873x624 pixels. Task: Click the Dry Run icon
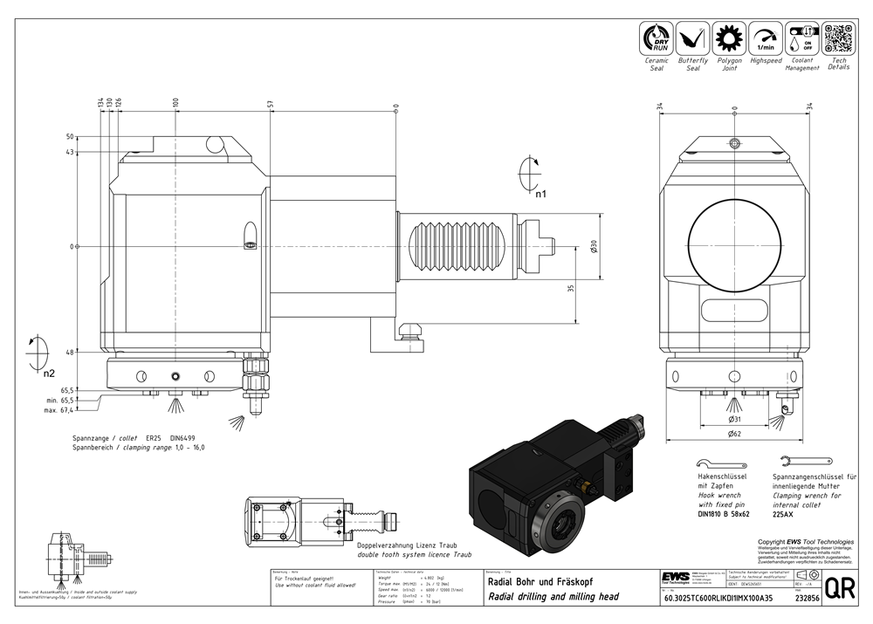point(656,39)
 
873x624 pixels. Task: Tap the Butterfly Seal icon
point(693,39)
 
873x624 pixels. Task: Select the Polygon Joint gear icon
point(729,39)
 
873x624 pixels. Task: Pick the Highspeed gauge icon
point(766,39)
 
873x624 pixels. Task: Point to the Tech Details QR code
point(838,38)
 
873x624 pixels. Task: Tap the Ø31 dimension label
point(734,419)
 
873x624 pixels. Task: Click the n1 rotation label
point(540,195)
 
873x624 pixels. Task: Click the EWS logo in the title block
point(675,577)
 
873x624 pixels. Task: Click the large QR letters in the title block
point(840,589)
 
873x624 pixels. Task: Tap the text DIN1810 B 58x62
point(724,514)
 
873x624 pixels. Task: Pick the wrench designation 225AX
point(784,514)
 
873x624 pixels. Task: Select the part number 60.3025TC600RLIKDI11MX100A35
point(718,598)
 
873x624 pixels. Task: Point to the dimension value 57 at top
point(271,104)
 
